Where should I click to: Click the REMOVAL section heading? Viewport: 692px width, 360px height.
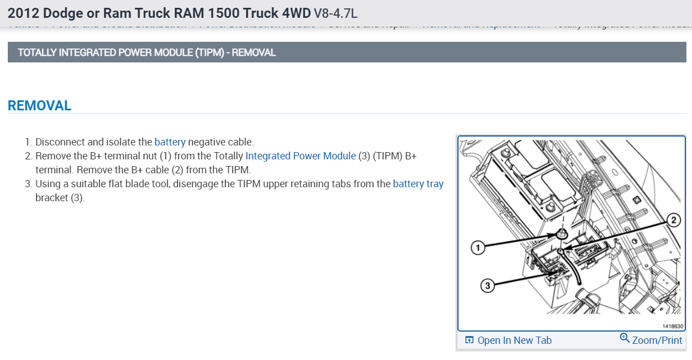[x=40, y=106]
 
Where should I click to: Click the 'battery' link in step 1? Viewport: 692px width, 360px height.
[x=170, y=142]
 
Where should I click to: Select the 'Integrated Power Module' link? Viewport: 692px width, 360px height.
[x=300, y=156]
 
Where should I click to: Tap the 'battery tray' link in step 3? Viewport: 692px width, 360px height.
[x=418, y=184]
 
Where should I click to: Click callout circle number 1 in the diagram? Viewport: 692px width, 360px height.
[x=477, y=247]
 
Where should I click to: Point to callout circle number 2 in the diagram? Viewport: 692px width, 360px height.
[x=673, y=220]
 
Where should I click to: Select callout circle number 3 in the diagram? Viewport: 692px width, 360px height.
[x=488, y=286]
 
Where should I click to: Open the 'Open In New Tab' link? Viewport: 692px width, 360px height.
[x=514, y=340]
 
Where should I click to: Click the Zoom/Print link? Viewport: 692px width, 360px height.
[x=657, y=340]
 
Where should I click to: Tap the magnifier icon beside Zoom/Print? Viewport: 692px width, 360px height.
[x=625, y=339]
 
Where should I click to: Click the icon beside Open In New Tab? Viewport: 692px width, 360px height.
[x=469, y=340]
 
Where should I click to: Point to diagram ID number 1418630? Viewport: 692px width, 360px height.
[x=672, y=326]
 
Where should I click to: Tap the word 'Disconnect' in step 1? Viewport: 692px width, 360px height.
[x=60, y=142]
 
